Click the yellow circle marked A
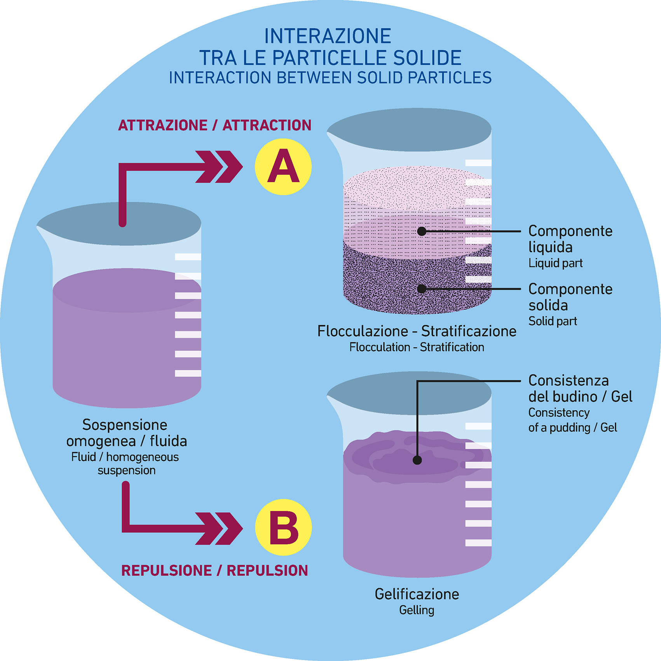(x=283, y=167)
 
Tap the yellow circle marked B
(x=283, y=527)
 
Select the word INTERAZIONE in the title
(x=328, y=37)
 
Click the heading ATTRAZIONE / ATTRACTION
(x=215, y=126)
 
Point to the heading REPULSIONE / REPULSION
(x=215, y=570)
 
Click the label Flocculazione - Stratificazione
(x=417, y=331)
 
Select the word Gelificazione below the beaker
(x=417, y=594)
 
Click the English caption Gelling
(x=417, y=610)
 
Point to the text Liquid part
(x=555, y=263)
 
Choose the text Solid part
(x=553, y=321)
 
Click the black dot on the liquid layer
(x=422, y=231)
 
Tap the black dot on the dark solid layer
(x=422, y=289)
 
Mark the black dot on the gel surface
(x=417, y=460)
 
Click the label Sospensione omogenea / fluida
(x=126, y=433)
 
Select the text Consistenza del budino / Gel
(x=580, y=389)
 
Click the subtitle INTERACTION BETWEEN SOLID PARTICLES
(x=330, y=78)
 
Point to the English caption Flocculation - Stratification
(x=417, y=347)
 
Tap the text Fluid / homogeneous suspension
(x=126, y=464)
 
